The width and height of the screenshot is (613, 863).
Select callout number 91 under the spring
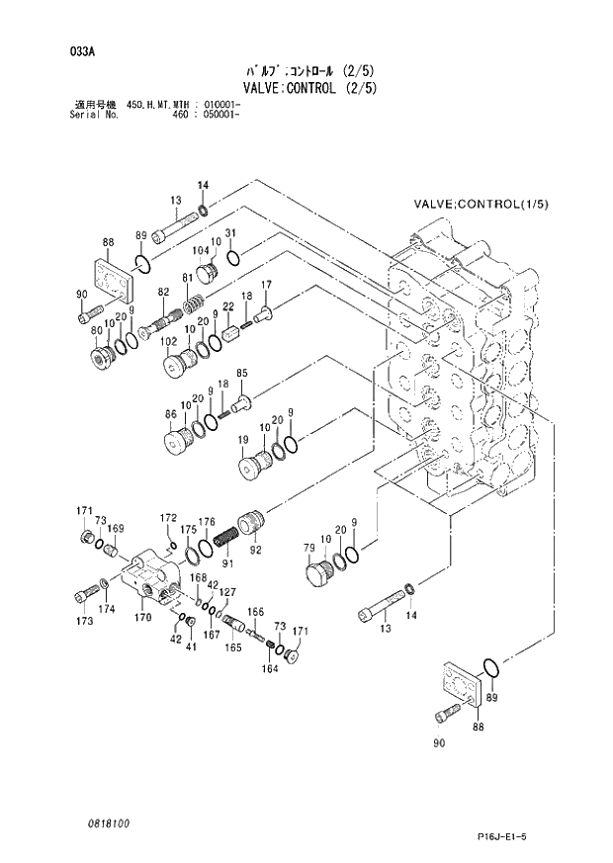coord(227,563)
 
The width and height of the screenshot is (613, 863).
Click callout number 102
coord(169,343)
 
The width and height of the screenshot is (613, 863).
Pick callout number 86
coord(170,414)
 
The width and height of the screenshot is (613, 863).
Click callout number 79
coord(308,550)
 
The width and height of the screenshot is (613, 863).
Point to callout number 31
coord(229,233)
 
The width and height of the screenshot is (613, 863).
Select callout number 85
coord(241,372)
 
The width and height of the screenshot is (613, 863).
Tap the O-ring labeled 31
coord(233,259)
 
